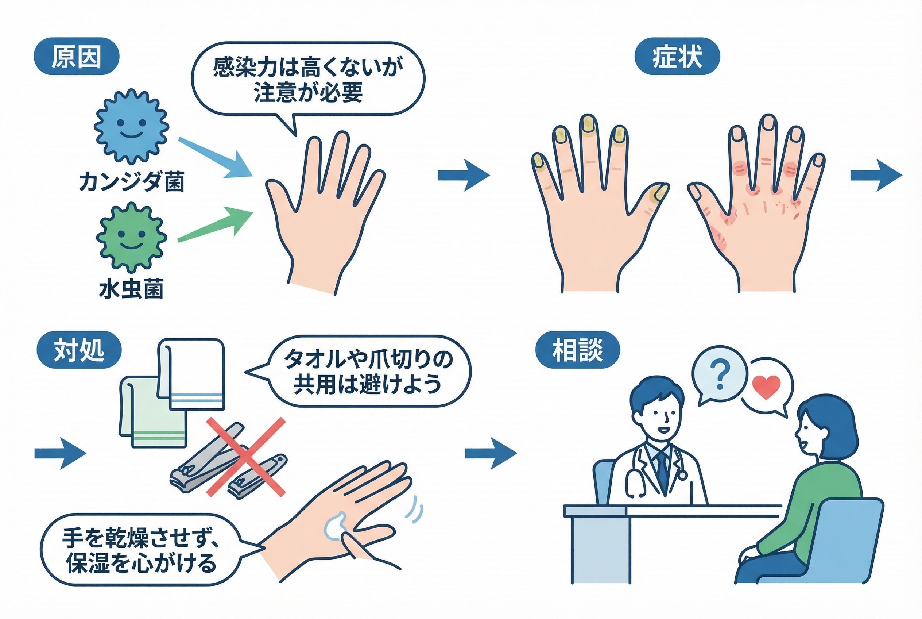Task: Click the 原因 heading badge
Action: (x=77, y=57)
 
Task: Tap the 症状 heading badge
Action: (x=677, y=57)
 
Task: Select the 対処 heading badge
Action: (x=79, y=350)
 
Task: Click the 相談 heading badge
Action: (x=577, y=350)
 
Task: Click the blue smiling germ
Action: (x=131, y=126)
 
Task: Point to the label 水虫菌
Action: (x=131, y=289)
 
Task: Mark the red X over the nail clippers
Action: (x=246, y=457)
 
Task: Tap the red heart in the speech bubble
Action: (x=766, y=386)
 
